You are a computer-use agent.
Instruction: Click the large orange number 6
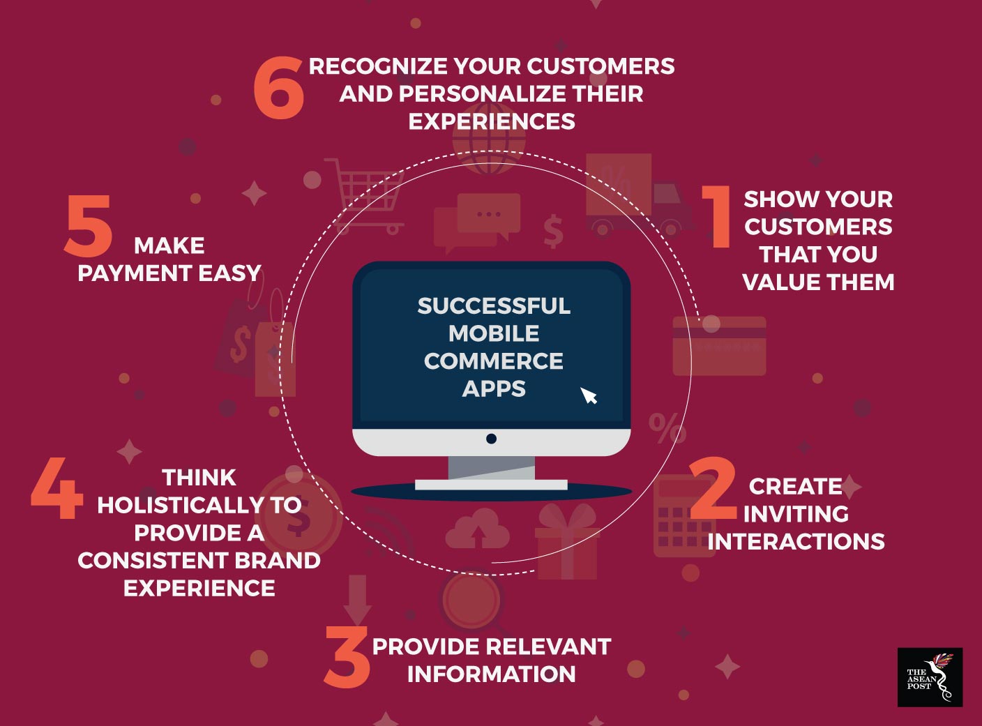coord(279,88)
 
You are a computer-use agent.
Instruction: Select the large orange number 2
coord(713,488)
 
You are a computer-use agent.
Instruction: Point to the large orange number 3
coord(347,656)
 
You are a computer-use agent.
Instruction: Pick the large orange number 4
coord(57,488)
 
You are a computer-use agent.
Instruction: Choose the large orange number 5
coord(88,226)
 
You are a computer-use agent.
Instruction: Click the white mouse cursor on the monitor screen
coord(589,395)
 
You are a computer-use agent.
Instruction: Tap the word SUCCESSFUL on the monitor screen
coord(494,306)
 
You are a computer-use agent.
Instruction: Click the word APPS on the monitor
coord(494,388)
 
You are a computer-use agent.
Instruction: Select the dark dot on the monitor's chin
coord(491,439)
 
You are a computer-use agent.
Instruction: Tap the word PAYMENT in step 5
coord(135,273)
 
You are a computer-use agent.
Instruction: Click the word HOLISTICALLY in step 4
coord(181,505)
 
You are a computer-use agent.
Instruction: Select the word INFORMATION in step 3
coord(492,674)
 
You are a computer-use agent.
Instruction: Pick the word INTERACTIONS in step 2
coord(796,541)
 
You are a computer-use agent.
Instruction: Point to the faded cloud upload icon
coord(477,529)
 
